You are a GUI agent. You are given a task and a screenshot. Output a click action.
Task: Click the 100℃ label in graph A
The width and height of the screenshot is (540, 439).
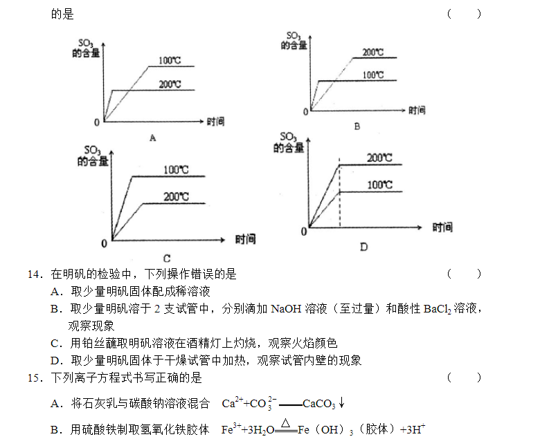click(x=170, y=61)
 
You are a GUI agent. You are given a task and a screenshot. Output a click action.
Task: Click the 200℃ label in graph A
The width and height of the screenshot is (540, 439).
click(x=170, y=84)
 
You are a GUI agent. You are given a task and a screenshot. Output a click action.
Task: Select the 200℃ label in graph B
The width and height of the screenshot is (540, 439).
click(x=373, y=53)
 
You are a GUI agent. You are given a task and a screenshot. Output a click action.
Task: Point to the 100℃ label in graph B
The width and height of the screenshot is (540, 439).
click(x=373, y=75)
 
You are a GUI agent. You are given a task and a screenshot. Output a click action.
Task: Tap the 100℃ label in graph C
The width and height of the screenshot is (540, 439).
click(x=176, y=170)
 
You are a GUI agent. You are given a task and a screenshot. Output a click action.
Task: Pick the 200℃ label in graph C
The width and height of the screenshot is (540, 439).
click(x=176, y=196)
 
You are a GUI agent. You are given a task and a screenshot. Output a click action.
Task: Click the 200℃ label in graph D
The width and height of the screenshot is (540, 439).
click(x=379, y=158)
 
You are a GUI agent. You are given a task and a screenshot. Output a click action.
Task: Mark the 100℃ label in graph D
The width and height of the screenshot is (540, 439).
click(x=380, y=185)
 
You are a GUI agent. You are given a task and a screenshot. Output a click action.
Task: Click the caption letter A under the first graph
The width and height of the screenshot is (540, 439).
click(x=153, y=138)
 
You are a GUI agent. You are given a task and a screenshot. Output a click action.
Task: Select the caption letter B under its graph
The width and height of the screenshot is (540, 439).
click(x=357, y=127)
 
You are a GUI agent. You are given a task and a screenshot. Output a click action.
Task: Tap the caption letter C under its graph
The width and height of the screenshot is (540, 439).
click(x=167, y=258)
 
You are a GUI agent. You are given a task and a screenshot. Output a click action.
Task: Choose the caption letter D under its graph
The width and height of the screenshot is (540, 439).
click(x=363, y=247)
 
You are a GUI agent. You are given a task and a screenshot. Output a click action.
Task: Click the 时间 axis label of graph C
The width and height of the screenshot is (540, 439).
click(x=246, y=239)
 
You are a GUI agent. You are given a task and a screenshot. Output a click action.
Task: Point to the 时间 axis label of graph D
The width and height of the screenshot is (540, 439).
click(x=442, y=227)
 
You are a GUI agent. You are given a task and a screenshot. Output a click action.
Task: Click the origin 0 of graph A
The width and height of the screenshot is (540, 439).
click(x=97, y=122)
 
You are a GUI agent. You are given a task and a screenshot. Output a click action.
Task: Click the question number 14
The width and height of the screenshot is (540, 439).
click(x=35, y=274)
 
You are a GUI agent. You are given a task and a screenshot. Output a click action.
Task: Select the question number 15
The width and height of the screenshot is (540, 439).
click(x=35, y=378)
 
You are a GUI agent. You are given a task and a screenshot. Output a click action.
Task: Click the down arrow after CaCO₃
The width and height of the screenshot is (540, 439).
click(x=341, y=402)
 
